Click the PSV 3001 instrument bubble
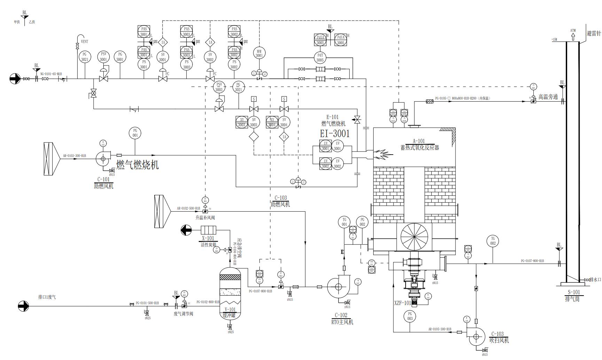pyautogui.click(x=103, y=57)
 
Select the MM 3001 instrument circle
pyautogui.click(x=259, y=53)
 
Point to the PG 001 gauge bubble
pyautogui.click(x=135, y=133)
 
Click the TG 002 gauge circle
pyautogui.click(x=493, y=241)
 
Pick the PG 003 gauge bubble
pyautogui.click(x=410, y=316)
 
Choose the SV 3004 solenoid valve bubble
pyautogui.click(x=284, y=122)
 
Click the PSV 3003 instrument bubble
pyautogui.click(x=219, y=87)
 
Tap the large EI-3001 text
pyautogui.click(x=335, y=133)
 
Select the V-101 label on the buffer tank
pyautogui.click(x=230, y=309)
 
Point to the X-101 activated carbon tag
pyautogui.click(x=208, y=238)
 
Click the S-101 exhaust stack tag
pyautogui.click(x=574, y=292)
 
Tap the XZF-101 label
pyautogui.click(x=402, y=303)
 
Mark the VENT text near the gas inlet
pyautogui.click(x=85, y=41)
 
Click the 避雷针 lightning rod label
pyautogui.click(x=594, y=34)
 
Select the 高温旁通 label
pyautogui.click(x=548, y=97)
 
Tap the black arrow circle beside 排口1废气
pyautogui.click(x=24, y=306)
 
